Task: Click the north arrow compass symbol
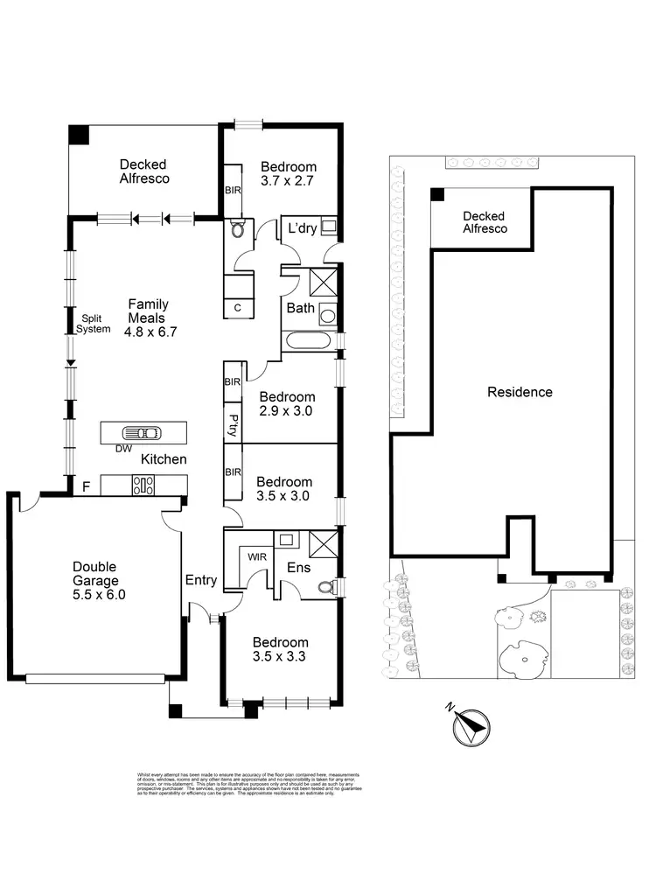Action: click(x=470, y=725)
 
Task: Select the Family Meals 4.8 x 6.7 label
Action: click(x=148, y=318)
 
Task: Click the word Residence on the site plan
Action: click(x=520, y=392)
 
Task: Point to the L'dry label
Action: click(x=296, y=229)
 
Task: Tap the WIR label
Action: click(x=257, y=555)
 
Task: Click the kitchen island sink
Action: click(x=141, y=433)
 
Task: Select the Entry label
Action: click(x=201, y=579)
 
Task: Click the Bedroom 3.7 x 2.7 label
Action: click(x=288, y=173)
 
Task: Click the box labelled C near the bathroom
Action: click(x=238, y=308)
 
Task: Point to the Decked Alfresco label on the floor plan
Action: click(x=143, y=171)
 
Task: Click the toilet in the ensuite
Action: click(x=326, y=587)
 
